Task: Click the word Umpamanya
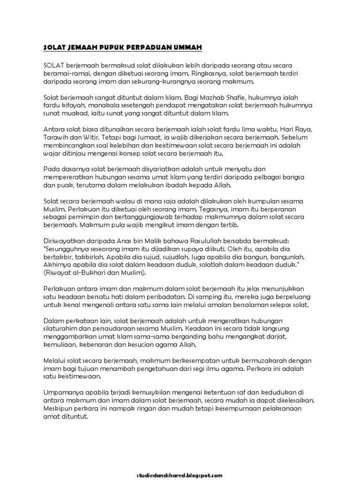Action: click(60, 392)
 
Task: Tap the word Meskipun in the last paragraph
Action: click(57, 408)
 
